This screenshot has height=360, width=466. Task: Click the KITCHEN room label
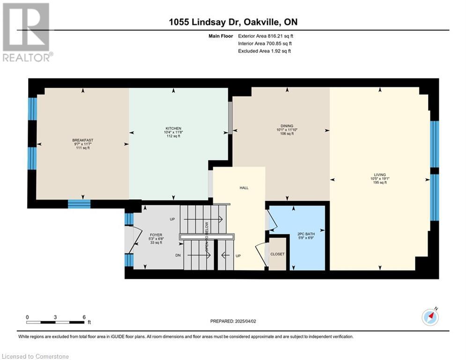[173, 128]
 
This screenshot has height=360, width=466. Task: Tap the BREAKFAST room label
[82, 140]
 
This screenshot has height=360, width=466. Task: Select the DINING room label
[287, 126]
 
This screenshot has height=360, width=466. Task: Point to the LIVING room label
[380, 175]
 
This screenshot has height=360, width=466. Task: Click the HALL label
[244, 188]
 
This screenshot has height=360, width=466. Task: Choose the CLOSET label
[277, 254]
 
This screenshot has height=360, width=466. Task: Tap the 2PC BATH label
[306, 234]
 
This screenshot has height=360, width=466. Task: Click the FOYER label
[156, 235]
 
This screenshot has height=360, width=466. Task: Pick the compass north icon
[430, 317]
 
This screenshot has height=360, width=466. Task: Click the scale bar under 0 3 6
[56, 322]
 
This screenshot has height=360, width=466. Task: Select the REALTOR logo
[26, 32]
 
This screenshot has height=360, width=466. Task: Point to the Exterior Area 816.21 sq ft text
[266, 36]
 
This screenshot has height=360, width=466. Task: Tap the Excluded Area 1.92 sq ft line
[265, 51]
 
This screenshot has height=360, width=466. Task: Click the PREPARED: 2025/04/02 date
[233, 321]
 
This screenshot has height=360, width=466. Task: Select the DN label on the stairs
[178, 255]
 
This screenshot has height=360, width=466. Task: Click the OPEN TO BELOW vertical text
[207, 237]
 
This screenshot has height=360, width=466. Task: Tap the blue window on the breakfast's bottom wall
[79, 204]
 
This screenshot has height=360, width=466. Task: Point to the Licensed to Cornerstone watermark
[35, 356]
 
